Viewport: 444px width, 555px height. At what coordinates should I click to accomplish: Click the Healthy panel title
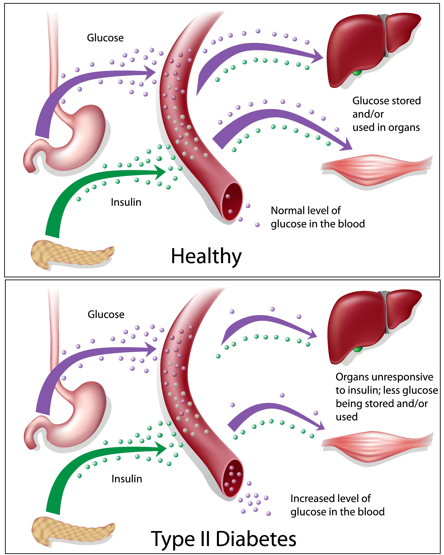tap(206, 256)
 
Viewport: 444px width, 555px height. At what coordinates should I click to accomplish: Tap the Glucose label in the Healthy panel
tap(105, 38)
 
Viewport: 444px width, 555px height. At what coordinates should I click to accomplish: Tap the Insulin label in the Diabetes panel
tap(127, 479)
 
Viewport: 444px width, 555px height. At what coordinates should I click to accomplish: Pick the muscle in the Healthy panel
tap(376, 170)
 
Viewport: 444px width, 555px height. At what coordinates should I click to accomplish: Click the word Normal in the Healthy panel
tap(287, 211)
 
